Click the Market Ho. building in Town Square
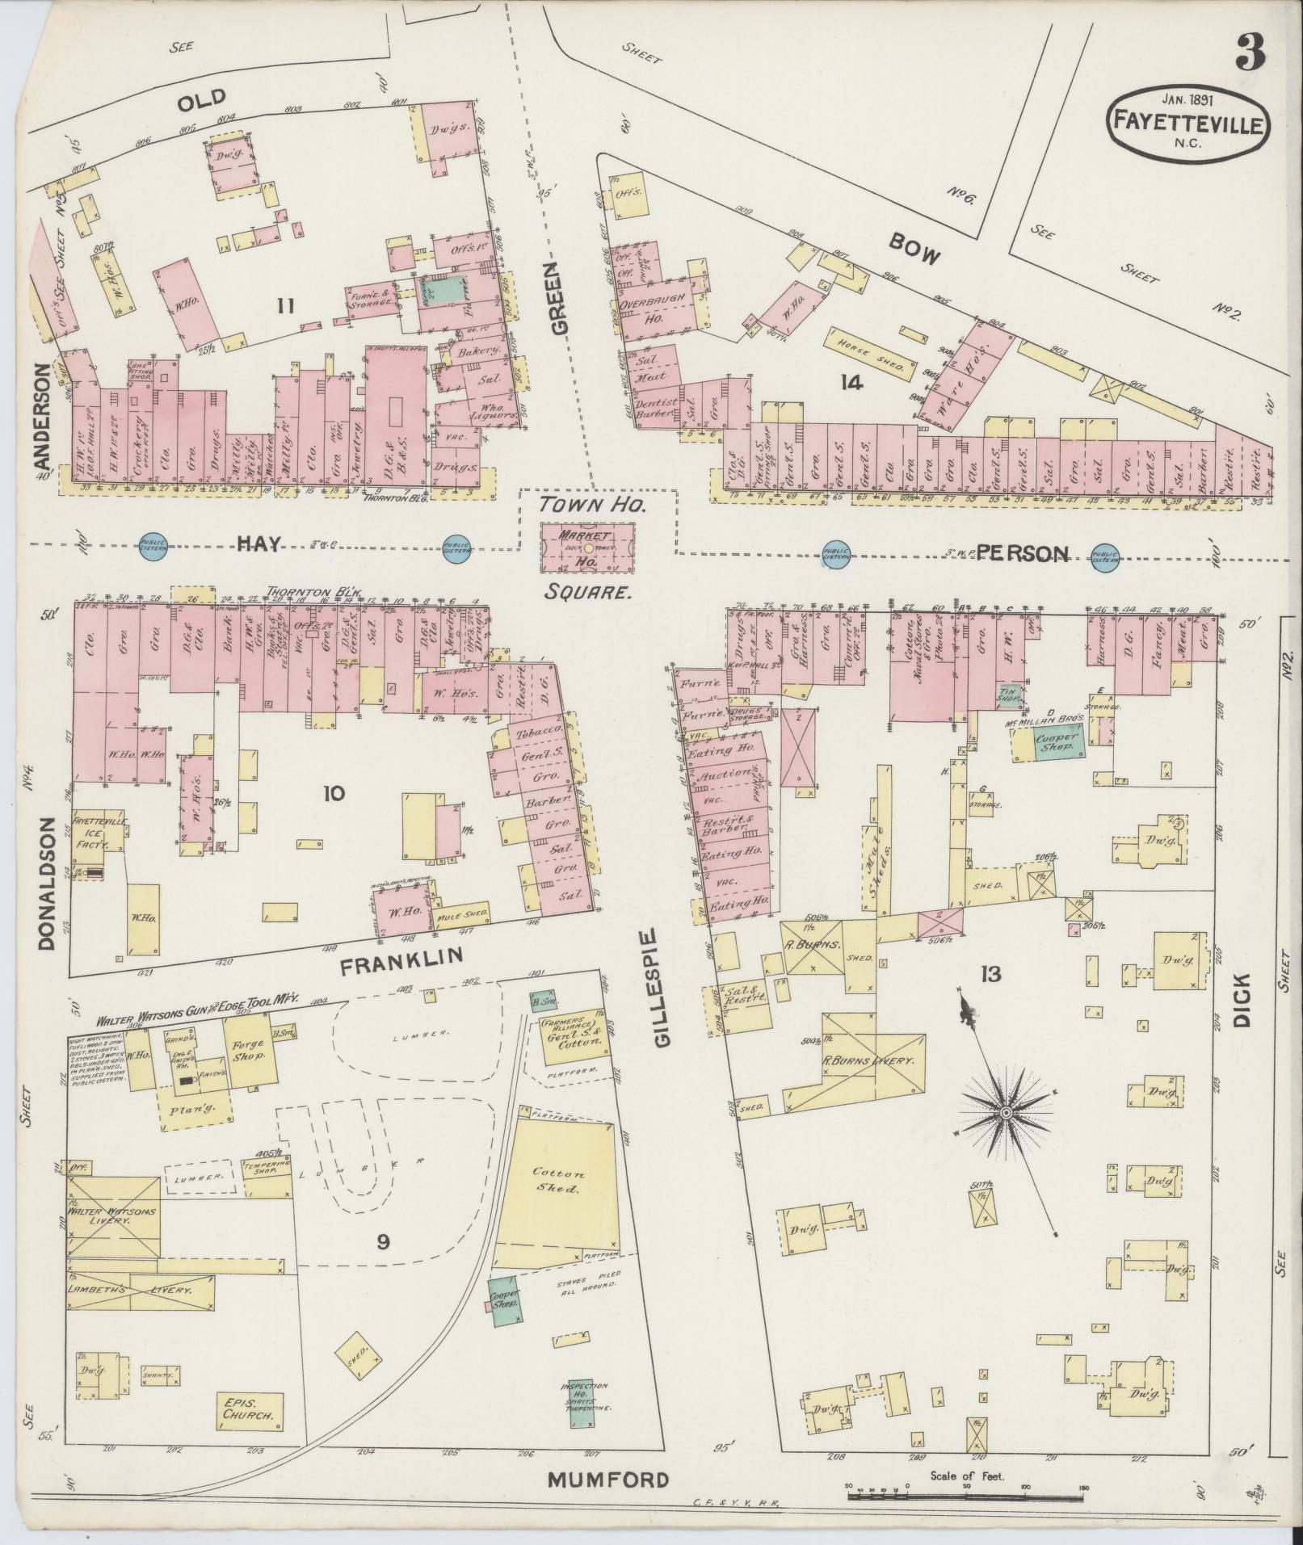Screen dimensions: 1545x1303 586,546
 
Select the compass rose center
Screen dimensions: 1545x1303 1007,1113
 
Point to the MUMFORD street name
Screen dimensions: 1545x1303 609,1480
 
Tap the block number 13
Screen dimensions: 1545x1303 990,975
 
